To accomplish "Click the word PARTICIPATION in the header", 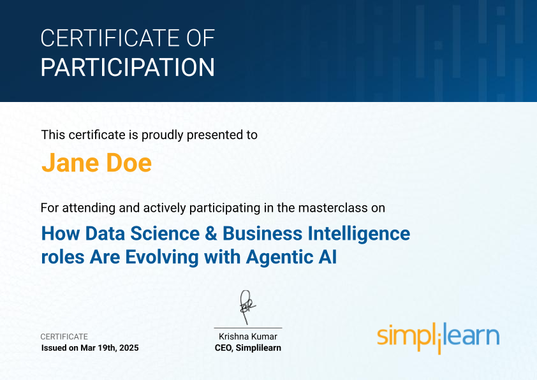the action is (128, 67).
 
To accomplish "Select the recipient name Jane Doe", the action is (96, 163).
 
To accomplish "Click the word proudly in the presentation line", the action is (163, 135).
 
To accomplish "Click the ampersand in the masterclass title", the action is (211, 233).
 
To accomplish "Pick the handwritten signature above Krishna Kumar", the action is (247, 307).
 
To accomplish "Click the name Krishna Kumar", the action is (248, 337).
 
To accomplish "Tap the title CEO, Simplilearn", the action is (248, 348).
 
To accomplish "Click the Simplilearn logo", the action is (438, 337).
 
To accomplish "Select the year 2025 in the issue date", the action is (129, 348).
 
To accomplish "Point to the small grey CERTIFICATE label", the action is (64, 337).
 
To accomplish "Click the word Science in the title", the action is (165, 233).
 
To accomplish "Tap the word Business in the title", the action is (262, 233).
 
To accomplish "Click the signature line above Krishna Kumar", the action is (248, 328).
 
